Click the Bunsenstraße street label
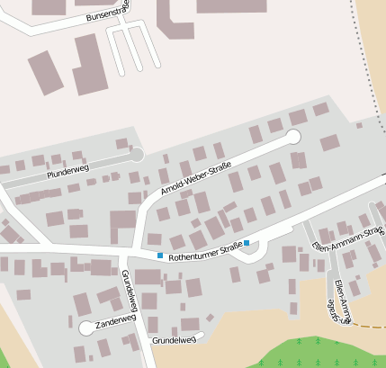(x=106, y=13)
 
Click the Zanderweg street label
(x=115, y=320)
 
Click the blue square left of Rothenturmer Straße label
(x=160, y=256)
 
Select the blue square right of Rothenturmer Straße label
(x=247, y=244)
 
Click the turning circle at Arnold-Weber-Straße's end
(x=292, y=137)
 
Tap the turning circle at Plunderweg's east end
(x=137, y=156)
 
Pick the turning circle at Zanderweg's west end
(x=85, y=328)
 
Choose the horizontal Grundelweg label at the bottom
(x=174, y=340)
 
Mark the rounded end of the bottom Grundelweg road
(x=200, y=336)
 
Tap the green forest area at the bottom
(x=315, y=355)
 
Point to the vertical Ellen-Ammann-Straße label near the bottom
(x=340, y=301)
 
